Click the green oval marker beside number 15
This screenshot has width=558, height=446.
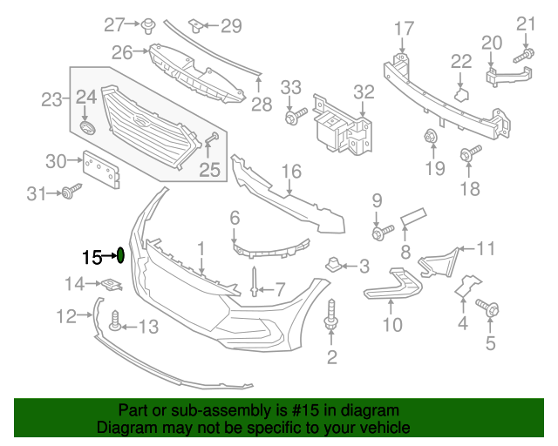click(120, 255)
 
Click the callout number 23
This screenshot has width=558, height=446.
click(53, 100)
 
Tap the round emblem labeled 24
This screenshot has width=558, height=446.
click(85, 128)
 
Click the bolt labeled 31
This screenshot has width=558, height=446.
click(69, 193)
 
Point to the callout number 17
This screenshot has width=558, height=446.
click(404, 29)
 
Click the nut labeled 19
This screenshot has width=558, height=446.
click(431, 137)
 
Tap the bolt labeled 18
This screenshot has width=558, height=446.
click(472, 154)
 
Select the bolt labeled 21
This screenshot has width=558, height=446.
click(522, 57)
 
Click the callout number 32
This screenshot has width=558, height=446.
click(364, 91)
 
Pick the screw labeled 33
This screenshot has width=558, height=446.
click(292, 114)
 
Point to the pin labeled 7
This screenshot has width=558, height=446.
click(254, 281)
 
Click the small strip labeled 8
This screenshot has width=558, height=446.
click(412, 217)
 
